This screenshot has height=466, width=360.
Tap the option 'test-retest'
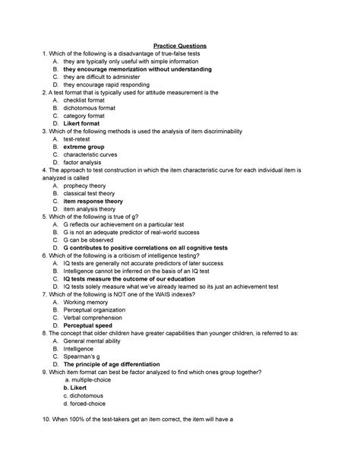coord(79,138)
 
